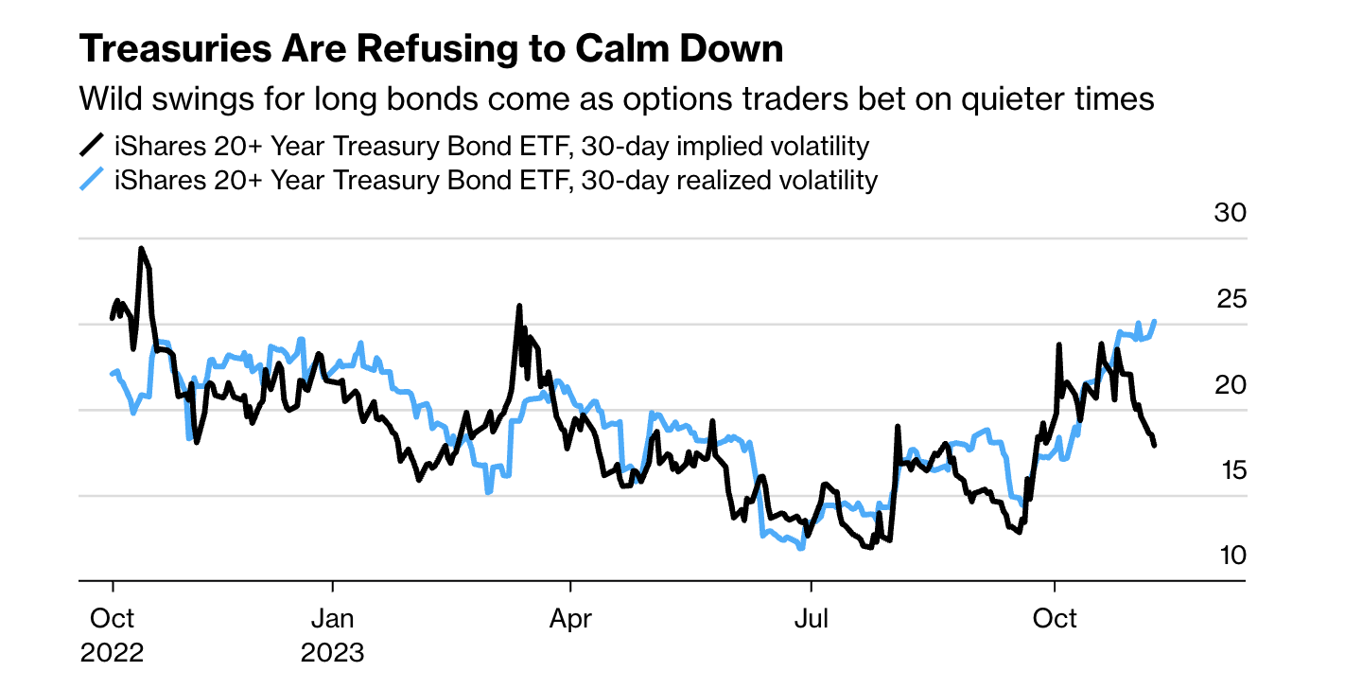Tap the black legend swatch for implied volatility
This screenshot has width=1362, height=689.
[92, 146]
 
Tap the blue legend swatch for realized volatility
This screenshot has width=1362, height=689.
[92, 179]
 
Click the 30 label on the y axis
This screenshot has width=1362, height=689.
[1231, 213]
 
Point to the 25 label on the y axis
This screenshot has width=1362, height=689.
[1231, 299]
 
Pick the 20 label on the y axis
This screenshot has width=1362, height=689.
[1231, 385]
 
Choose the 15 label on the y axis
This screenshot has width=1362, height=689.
[1231, 470]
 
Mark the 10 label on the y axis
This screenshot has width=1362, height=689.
[1231, 555]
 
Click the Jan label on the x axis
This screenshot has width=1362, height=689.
[332, 619]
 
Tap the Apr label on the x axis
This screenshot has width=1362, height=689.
[571, 619]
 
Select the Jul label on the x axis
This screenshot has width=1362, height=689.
[811, 619]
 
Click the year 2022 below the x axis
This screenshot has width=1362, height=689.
[113, 653]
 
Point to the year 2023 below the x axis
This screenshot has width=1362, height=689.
[332, 653]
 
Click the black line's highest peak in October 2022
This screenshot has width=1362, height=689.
[141, 249]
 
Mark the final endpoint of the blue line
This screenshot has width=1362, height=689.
[1156, 322]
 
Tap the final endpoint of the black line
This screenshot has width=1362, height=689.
[1155, 445]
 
